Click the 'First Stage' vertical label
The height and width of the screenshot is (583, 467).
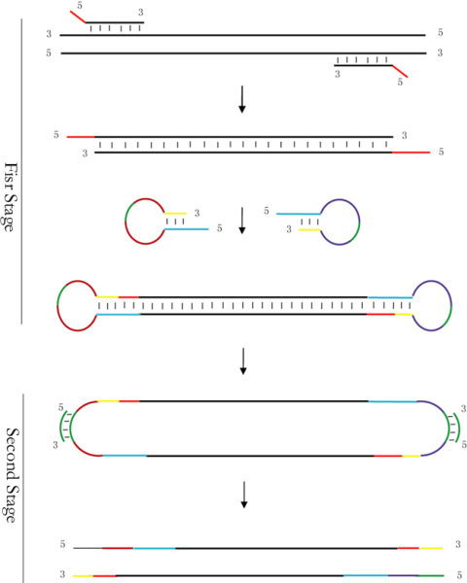(x=11, y=197)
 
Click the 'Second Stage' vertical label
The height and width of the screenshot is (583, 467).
(x=13, y=475)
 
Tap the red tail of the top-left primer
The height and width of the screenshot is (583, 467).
(x=78, y=17)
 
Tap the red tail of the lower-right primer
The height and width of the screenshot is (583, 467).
(x=400, y=71)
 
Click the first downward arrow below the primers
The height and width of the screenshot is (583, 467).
(x=242, y=99)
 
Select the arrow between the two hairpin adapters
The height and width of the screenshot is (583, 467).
(x=242, y=221)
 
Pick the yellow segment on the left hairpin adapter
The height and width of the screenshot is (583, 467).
(x=175, y=214)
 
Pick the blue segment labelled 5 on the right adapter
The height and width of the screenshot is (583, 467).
(x=298, y=214)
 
